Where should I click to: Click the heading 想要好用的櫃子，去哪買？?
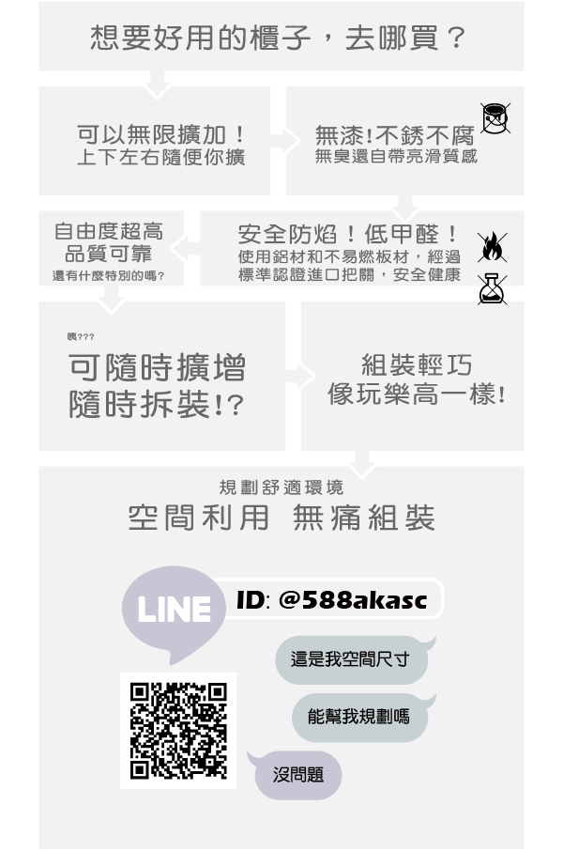[x=278, y=38]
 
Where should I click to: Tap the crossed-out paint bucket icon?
[x=495, y=118]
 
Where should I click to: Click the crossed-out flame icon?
[x=492, y=247]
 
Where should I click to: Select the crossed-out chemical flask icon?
[x=492, y=288]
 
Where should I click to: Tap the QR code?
[x=178, y=731]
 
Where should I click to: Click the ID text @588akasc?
[x=353, y=599]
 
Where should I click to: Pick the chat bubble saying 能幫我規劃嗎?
[x=361, y=717]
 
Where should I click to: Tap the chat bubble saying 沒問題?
[x=296, y=775]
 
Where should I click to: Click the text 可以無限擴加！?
[x=161, y=134]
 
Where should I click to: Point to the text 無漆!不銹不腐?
[x=395, y=134]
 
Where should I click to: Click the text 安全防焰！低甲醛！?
[x=348, y=235]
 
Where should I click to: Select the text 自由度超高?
[x=109, y=231]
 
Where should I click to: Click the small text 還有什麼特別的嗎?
[x=109, y=276]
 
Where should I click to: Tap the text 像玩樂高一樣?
[x=417, y=394]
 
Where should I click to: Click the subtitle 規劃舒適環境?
[x=281, y=487]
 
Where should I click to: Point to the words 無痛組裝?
[x=364, y=518]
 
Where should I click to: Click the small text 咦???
[x=81, y=337]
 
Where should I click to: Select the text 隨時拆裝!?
[x=156, y=404]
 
